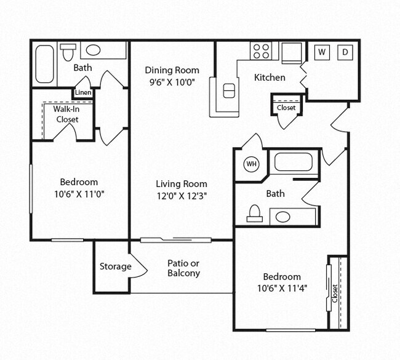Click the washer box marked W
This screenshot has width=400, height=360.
[321, 52]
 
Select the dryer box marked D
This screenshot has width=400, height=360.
[345, 52]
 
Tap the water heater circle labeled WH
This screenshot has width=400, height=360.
[251, 164]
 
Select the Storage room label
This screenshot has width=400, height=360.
[115, 266]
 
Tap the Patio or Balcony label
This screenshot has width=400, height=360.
[183, 268]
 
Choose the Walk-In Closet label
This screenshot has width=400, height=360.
[66, 114]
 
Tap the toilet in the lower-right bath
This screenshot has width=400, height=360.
[254, 214]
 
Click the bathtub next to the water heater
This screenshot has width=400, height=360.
[294, 162]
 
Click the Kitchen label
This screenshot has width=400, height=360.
[270, 78]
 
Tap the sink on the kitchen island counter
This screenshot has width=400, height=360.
[229, 90]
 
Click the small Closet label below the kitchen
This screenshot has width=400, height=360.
[286, 108]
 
